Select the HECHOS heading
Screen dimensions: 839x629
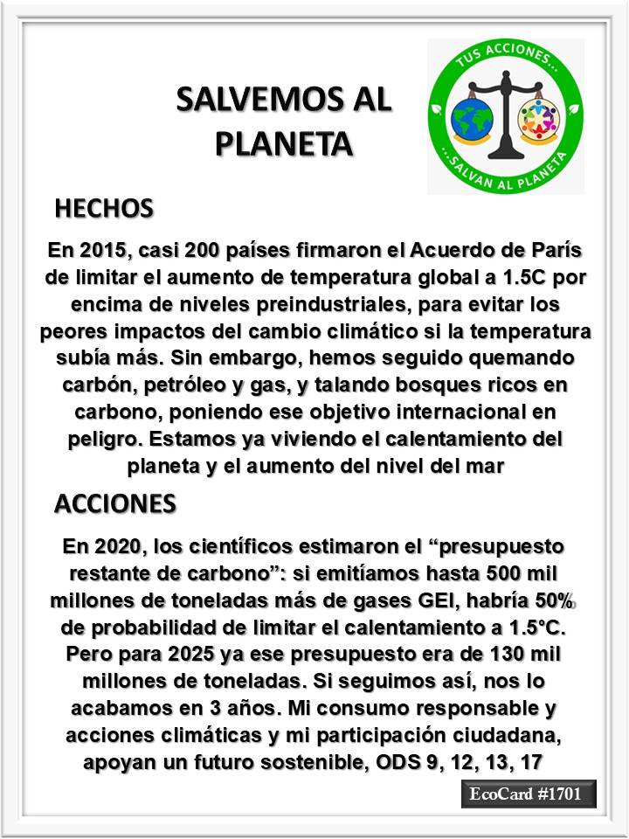click(x=104, y=209)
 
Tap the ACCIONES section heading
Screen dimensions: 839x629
click(x=114, y=504)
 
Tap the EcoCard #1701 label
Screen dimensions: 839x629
click(x=529, y=795)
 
